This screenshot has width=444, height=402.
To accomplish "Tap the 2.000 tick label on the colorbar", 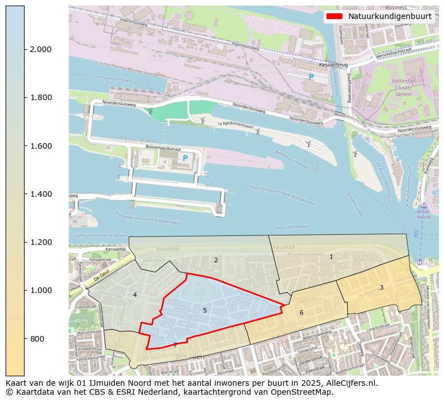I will coord(40,49).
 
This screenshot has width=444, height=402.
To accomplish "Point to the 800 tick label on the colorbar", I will coord(36,339).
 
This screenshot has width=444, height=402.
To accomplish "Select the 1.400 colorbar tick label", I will coord(40,194).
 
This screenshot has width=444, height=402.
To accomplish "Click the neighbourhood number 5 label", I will coord(205,310).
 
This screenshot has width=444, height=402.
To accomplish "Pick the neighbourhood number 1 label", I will coord(331,257).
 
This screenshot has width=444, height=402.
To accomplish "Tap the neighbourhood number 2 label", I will coord(216,260).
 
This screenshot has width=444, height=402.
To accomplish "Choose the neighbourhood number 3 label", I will coord(381,287).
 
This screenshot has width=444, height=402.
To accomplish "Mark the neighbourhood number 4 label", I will coord(135,295).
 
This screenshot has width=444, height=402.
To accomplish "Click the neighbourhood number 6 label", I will coord(301,313).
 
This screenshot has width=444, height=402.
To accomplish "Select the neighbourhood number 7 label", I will coord(175,345).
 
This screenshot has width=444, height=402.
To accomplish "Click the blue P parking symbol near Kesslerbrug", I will coord(311,77).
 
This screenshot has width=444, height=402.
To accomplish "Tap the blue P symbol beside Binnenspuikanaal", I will coord(185,158).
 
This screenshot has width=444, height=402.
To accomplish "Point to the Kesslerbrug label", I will coord(329,65).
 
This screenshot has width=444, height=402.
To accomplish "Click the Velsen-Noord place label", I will coord(423,214).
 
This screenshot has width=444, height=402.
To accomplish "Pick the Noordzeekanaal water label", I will coord(292,227).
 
